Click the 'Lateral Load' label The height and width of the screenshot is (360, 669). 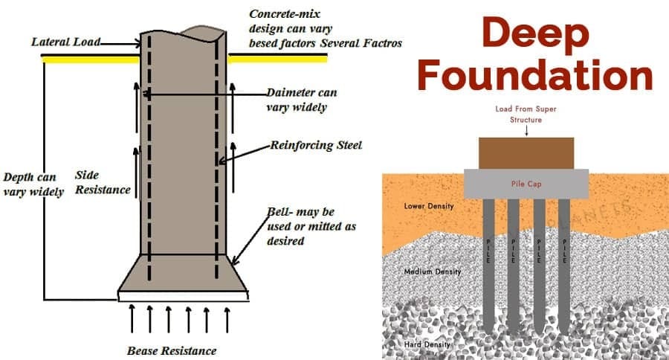pyautogui.click(x=65, y=42)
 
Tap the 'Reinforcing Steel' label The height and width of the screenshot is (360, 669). pyautogui.click(x=316, y=145)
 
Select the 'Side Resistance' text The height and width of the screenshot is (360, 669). pyautogui.click(x=103, y=182)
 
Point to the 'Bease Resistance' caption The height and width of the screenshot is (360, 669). pyautogui.click(x=172, y=351)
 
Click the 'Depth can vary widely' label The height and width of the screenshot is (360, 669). pyautogui.click(x=33, y=184)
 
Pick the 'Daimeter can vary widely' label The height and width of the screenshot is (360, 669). pyautogui.click(x=302, y=100)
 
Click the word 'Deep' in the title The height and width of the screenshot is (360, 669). pyautogui.click(x=536, y=33)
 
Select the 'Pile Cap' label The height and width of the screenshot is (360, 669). pyautogui.click(x=526, y=184)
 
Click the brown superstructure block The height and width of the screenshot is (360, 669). pyautogui.click(x=526, y=153)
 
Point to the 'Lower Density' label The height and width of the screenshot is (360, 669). pyautogui.click(x=429, y=206)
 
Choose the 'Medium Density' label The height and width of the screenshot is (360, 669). pyautogui.click(x=433, y=271)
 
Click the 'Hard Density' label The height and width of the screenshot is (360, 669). pyautogui.click(x=427, y=344)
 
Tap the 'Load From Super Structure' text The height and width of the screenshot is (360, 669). pyautogui.click(x=526, y=115)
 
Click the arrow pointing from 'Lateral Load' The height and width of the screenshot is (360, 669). pyautogui.click(x=120, y=44)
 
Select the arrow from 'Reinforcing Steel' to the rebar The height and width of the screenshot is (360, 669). pyautogui.click(x=244, y=155)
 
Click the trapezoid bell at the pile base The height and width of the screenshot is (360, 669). pyautogui.click(x=183, y=273)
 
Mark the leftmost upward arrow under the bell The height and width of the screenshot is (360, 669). pyautogui.click(x=132, y=318)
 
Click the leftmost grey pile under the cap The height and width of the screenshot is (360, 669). pyautogui.click(x=489, y=265)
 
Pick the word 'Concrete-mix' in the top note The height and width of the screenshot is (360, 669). pyautogui.click(x=285, y=14)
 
